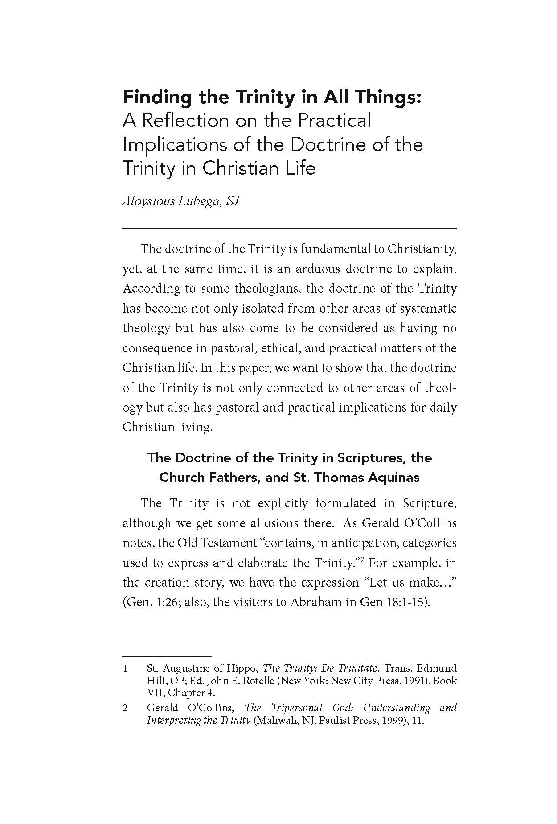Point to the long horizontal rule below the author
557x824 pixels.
pos(289,228)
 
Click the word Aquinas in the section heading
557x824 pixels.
pos(393,477)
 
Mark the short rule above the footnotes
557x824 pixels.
pos(166,657)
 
